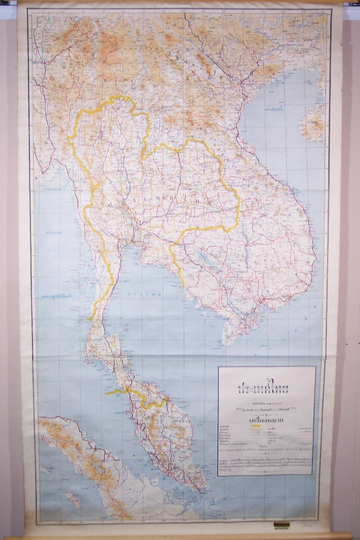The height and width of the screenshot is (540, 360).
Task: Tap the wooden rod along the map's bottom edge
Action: pos(180,536)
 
